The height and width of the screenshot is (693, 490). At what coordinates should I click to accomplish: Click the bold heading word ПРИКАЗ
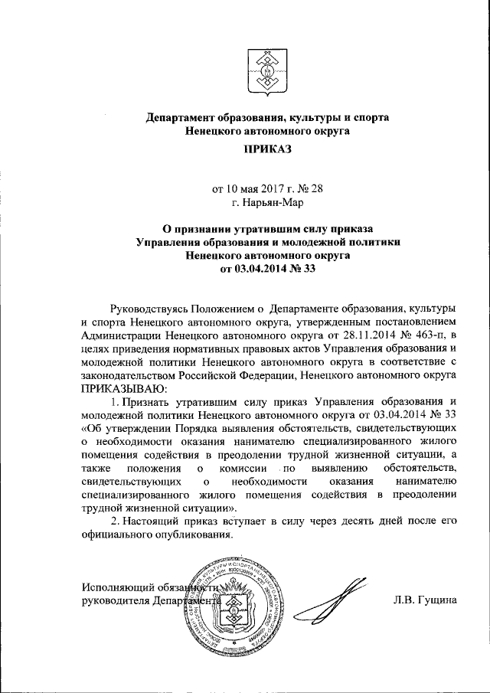click(268, 152)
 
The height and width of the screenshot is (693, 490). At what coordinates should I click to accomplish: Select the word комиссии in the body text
click(243, 466)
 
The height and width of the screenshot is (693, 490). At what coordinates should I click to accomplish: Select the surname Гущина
click(436, 600)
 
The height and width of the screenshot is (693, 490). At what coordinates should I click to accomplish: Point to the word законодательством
click(132, 376)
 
